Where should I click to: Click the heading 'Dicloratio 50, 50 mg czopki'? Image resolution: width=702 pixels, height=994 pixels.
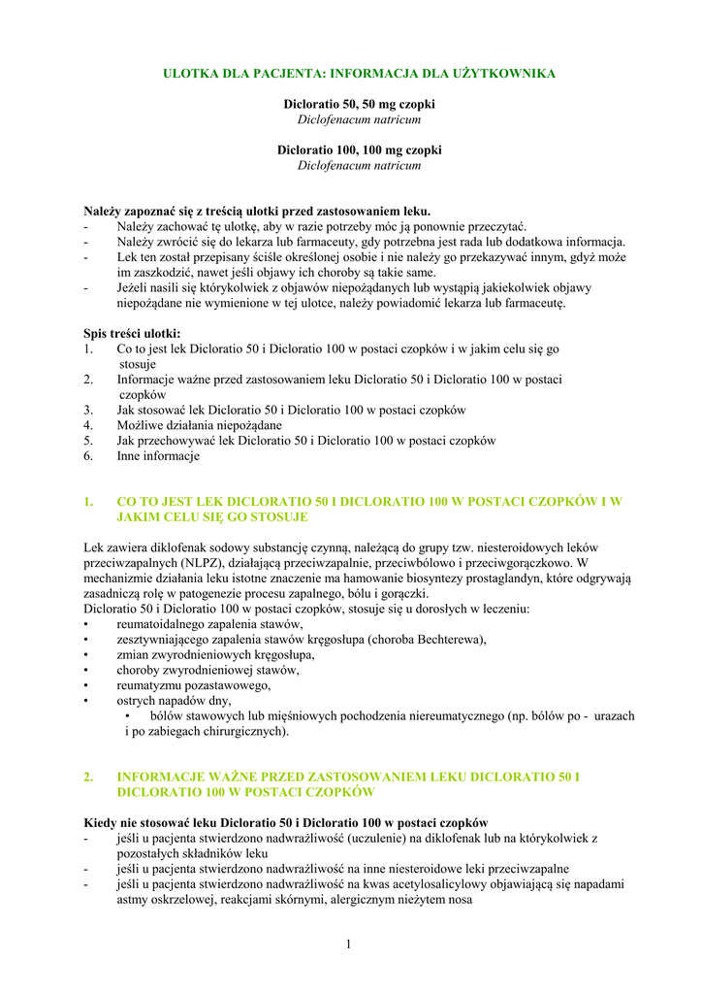point(359,104)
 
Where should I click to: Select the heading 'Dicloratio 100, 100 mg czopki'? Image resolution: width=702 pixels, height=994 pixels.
point(359,150)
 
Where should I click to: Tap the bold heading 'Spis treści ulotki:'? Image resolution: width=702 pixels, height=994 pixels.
point(132,334)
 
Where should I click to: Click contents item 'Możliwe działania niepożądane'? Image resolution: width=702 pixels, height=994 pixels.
point(200,425)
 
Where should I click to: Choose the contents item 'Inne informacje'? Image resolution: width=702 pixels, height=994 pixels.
point(158,456)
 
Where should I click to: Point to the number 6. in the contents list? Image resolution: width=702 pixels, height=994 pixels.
point(88,456)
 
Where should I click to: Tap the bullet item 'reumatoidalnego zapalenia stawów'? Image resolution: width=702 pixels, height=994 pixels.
point(209,625)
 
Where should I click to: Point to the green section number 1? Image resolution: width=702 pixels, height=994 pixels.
point(88,502)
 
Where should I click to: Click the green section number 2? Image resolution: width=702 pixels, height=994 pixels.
point(88,778)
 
